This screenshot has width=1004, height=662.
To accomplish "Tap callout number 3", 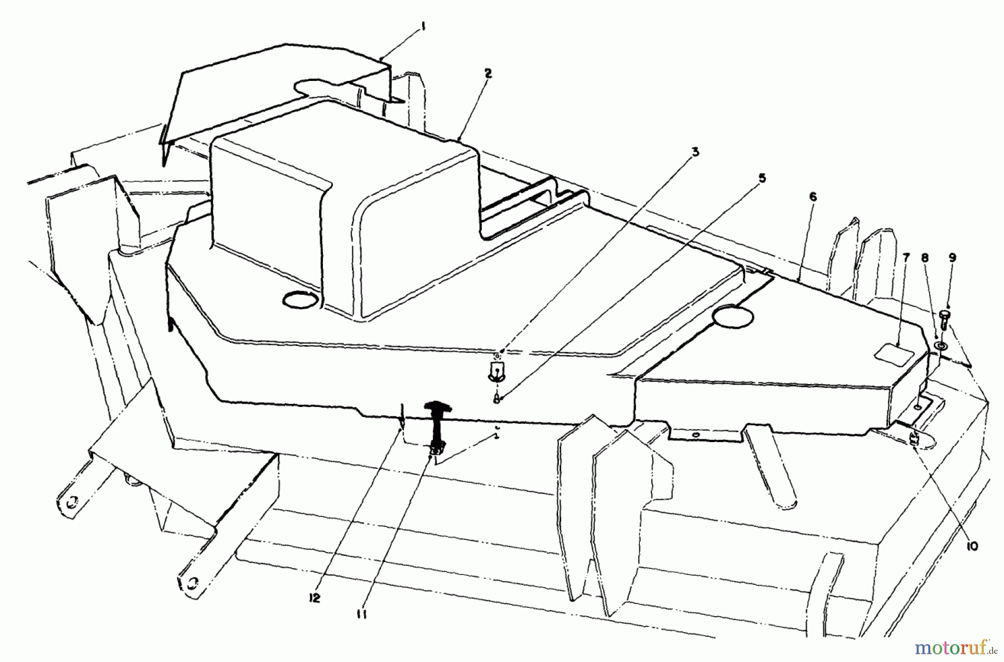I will coord(696,152).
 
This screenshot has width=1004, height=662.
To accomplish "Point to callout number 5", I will coord(762,179).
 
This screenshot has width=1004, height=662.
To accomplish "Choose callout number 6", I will coord(812,196).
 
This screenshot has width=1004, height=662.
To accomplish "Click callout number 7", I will coord(905,257).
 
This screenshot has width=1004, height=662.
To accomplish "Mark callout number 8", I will coord(925,258).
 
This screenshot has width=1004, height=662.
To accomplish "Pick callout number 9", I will coord(952,258).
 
